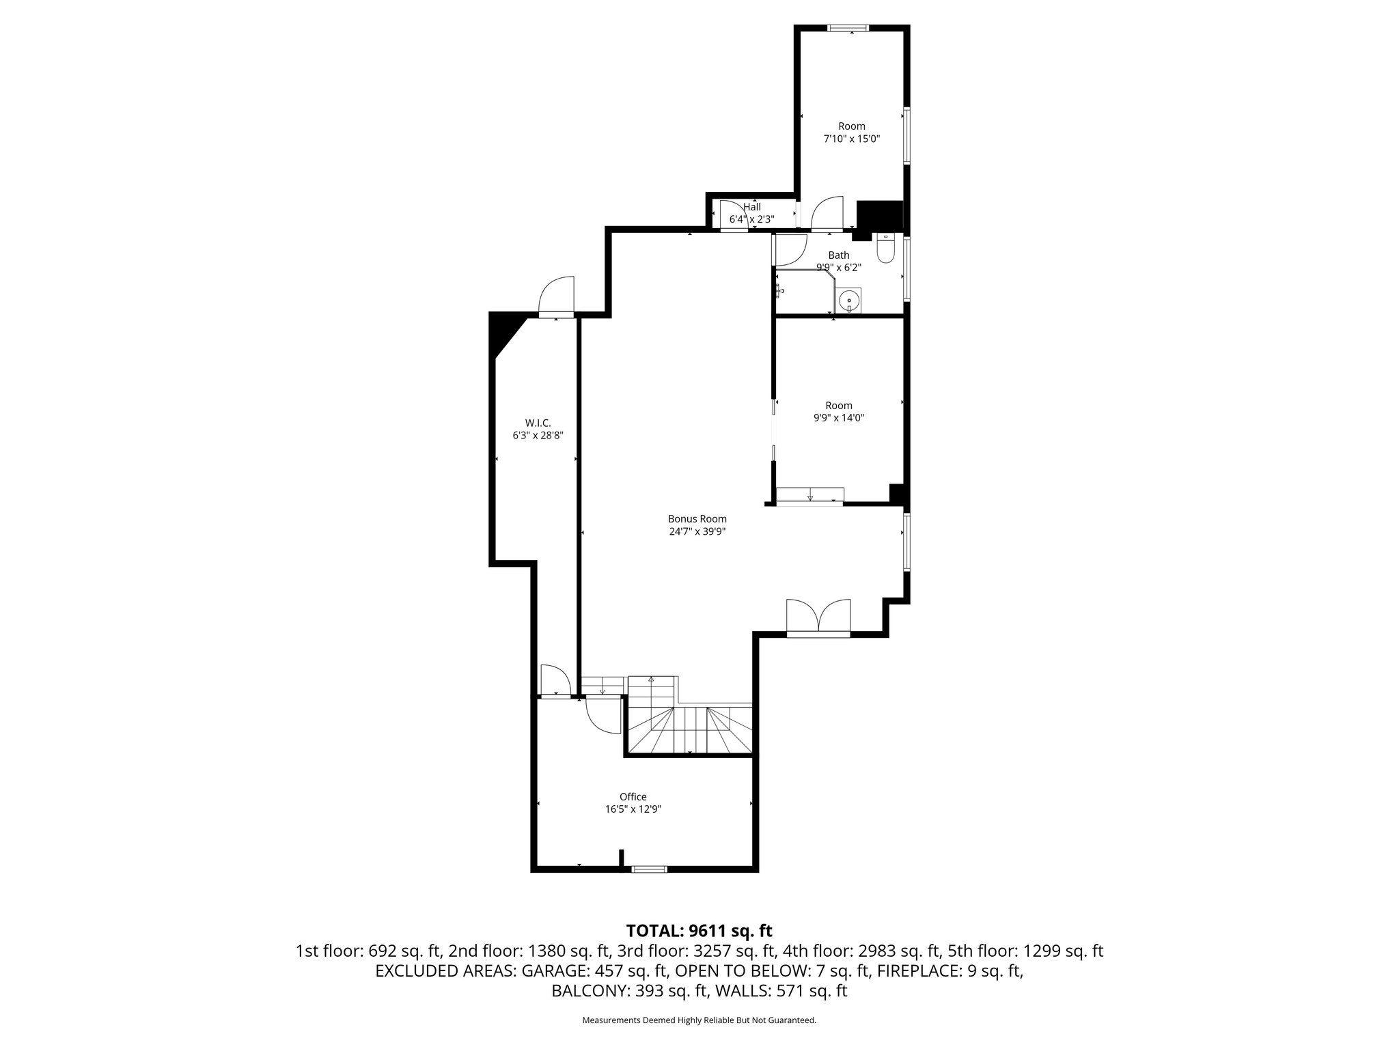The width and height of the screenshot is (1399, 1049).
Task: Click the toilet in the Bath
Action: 885,251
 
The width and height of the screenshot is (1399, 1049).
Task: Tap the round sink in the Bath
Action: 848,299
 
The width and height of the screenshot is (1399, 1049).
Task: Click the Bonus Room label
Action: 697,519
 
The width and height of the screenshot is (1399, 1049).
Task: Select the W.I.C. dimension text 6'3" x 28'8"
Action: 538,435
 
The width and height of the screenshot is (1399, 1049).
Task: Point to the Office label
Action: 633,796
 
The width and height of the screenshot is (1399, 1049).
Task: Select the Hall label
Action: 751,207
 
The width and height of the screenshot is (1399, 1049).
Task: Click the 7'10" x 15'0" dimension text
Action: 851,139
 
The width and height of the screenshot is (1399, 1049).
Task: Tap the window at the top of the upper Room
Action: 848,28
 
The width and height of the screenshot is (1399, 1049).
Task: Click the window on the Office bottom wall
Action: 648,869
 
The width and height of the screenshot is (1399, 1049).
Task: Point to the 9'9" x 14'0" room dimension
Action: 839,418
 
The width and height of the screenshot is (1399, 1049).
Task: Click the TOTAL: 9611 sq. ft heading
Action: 699,930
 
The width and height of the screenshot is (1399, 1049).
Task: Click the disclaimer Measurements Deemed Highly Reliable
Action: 699,1020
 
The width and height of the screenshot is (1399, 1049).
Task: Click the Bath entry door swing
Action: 790,251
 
